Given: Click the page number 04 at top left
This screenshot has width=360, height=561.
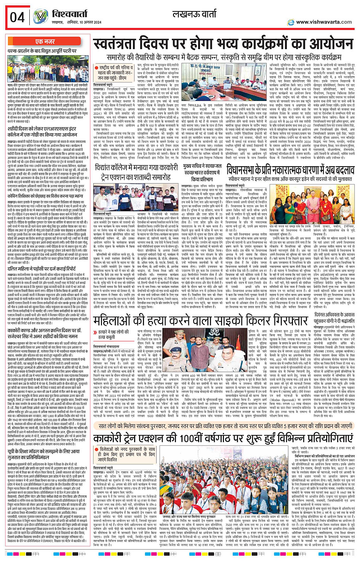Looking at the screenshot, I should pos(17,17).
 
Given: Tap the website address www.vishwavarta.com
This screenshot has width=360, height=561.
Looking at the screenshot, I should pos(323,22).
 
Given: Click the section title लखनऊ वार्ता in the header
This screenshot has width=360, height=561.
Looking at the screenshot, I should pos(194,14).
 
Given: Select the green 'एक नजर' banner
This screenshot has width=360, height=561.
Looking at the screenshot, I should pos(45,42).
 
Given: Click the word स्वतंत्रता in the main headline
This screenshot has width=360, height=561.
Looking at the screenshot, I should pos(122,45).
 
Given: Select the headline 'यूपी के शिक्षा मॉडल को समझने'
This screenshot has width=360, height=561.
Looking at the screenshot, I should pos(44,452).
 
